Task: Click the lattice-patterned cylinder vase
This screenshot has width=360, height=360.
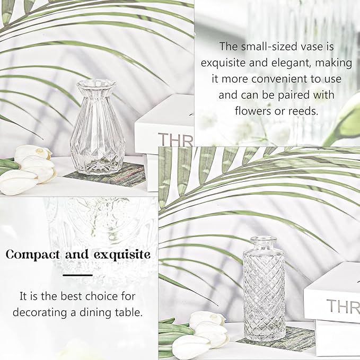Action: [264, 289]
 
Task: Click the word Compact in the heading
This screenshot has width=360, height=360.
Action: [33, 255]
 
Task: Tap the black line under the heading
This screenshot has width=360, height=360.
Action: [78, 275]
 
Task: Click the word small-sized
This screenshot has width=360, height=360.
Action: [274, 47]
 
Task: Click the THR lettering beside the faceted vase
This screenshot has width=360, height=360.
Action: [175, 139]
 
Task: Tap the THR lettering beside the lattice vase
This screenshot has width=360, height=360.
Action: [343, 306]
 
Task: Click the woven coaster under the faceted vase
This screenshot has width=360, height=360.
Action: [106, 174]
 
